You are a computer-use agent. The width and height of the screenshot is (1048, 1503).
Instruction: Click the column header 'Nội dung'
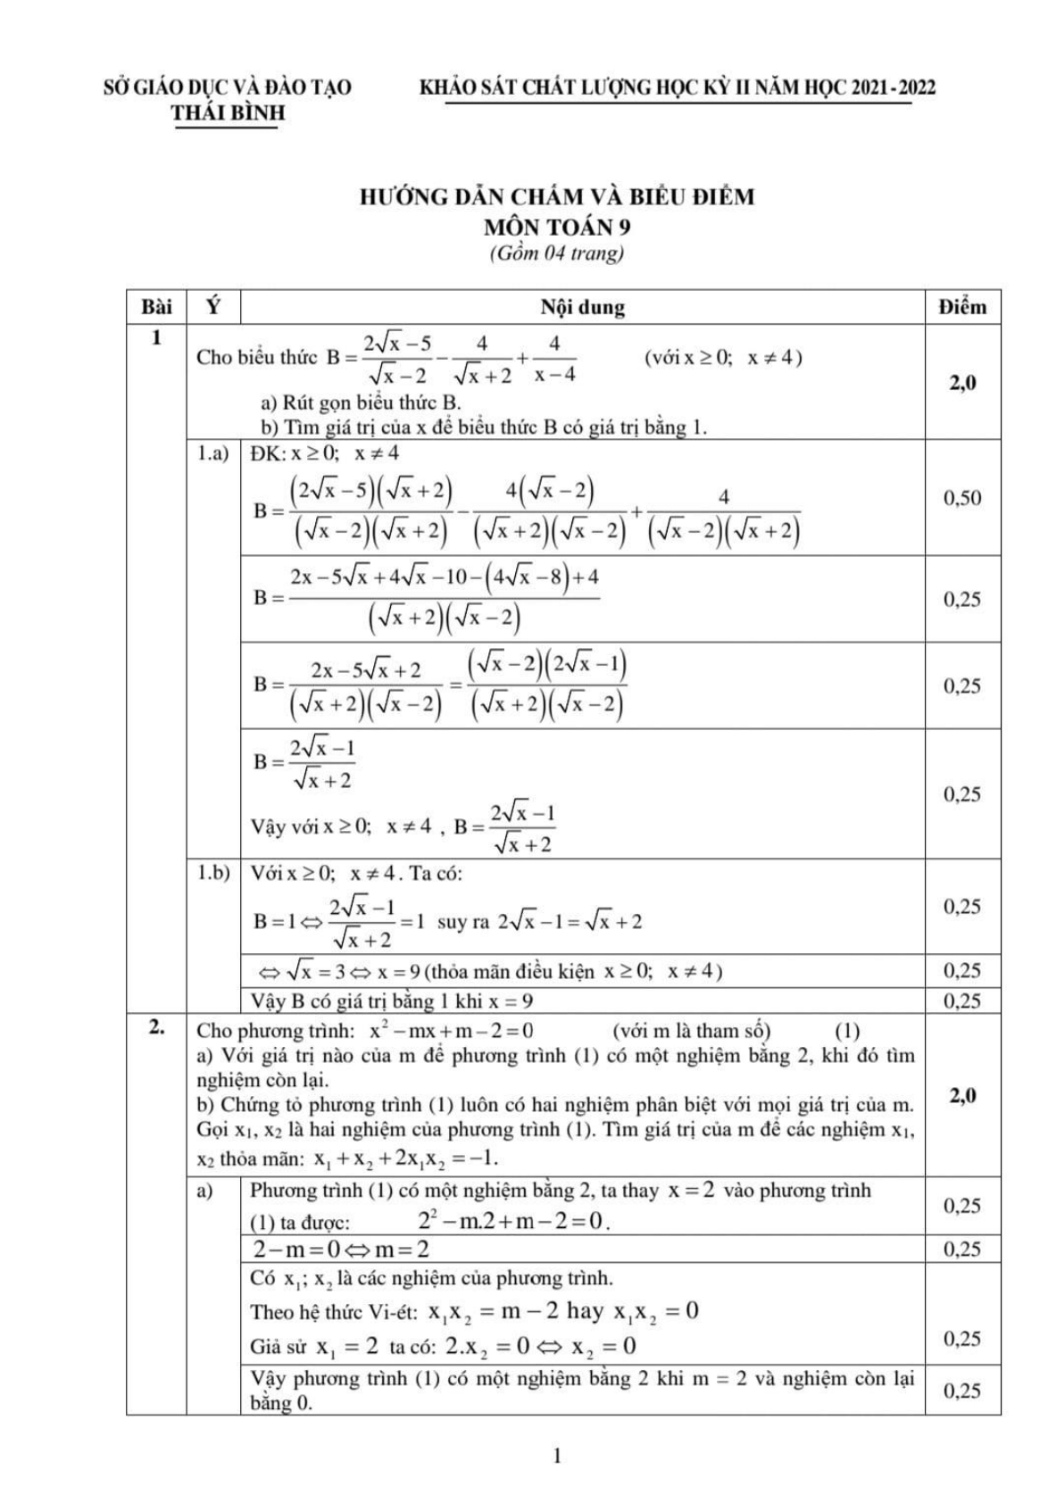[582, 308]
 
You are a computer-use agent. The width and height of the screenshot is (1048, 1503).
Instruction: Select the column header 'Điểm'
[962, 307]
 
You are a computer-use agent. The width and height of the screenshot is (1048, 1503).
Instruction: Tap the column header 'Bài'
[156, 307]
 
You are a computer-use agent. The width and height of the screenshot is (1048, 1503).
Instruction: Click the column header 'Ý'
[213, 307]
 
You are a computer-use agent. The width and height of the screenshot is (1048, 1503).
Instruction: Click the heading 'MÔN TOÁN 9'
[556, 227]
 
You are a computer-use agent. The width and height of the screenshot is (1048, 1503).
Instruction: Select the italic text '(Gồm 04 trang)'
[556, 253]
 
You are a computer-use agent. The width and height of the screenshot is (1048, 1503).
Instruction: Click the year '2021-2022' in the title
[894, 87]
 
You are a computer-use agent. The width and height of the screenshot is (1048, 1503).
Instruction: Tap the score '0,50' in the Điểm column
[962, 498]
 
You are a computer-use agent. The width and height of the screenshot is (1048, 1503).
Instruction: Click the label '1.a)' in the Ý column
[212, 453]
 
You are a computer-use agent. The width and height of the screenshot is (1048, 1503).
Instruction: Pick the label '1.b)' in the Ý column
[213, 873]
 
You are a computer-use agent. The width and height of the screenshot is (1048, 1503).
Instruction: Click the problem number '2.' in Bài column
[156, 1027]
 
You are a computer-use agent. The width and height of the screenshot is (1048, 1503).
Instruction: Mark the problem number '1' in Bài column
[157, 338]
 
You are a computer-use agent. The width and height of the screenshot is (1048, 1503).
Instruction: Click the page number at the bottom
[558, 1457]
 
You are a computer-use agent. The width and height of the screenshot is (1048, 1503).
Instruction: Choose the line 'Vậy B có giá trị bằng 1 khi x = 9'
[392, 1001]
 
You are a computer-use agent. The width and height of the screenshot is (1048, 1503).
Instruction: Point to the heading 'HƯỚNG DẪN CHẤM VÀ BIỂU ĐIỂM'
[556, 196]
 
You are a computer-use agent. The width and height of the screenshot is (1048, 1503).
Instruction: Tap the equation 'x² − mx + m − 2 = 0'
[452, 1031]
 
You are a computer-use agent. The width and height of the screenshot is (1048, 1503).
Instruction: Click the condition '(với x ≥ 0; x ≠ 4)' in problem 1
[722, 357]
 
